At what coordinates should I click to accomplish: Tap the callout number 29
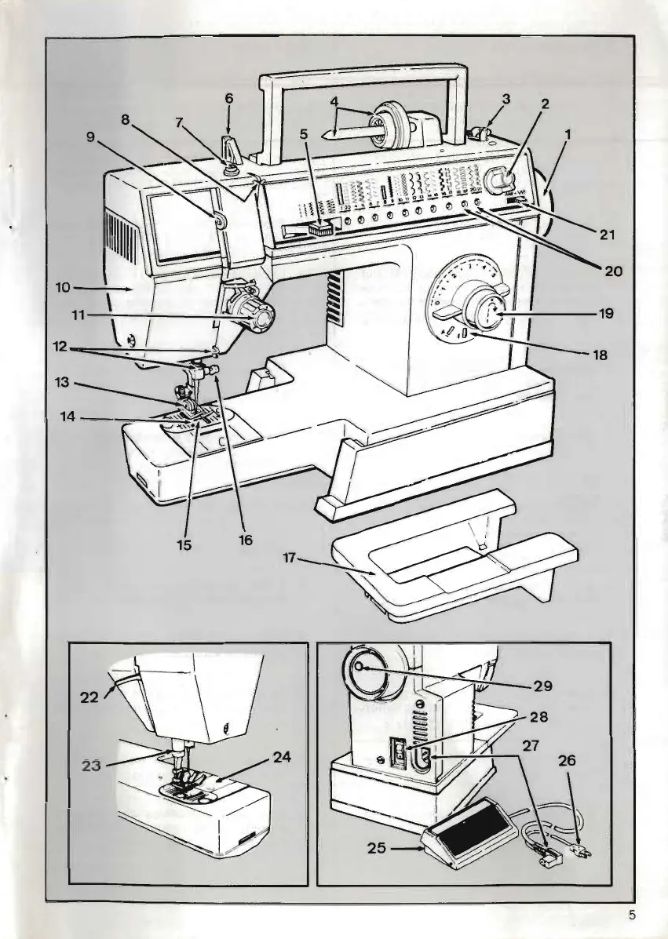[x=543, y=686]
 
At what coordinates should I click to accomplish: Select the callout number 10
[x=64, y=288]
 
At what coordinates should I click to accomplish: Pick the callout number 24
[x=283, y=759]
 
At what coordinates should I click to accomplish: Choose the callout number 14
[x=68, y=418]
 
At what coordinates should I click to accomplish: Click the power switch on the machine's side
[x=400, y=758]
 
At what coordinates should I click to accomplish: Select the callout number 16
[x=245, y=540]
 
